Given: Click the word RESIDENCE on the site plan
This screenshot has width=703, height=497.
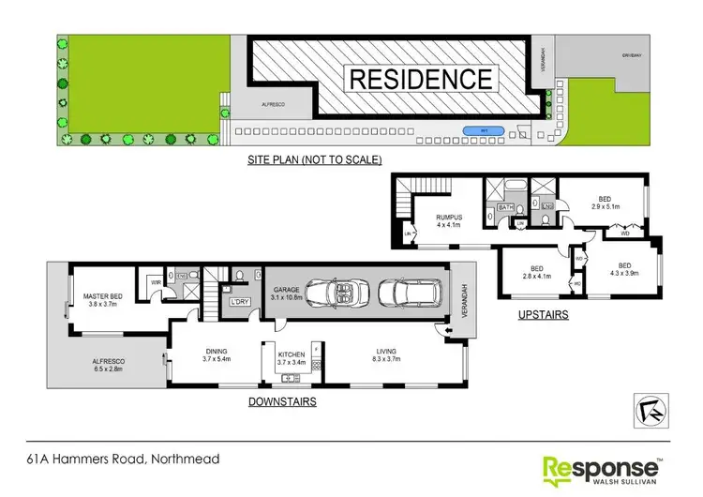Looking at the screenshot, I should [420, 78].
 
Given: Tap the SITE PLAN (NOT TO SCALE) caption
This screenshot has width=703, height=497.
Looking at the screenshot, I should [314, 160].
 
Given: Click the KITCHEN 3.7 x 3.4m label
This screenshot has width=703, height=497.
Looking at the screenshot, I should [297, 357].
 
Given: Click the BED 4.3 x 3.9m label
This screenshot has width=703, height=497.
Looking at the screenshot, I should [623, 268].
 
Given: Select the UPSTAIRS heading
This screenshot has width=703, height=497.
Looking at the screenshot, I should [544, 316].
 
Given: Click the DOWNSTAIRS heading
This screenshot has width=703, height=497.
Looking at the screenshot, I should [282, 401].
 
